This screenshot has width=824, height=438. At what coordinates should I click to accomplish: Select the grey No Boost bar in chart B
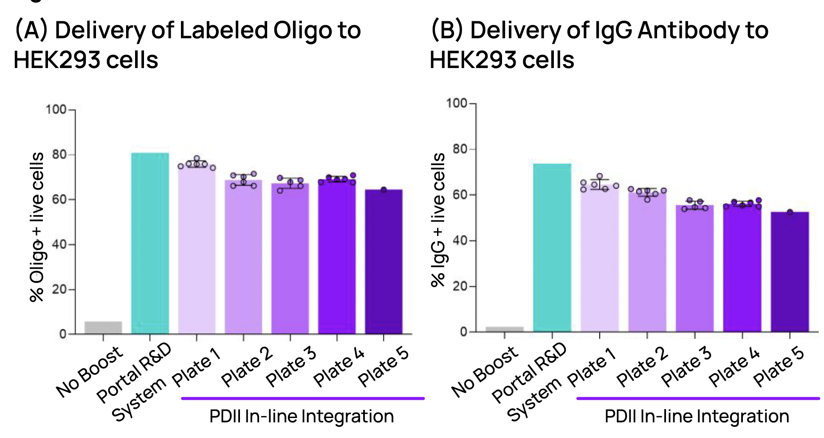[504, 329]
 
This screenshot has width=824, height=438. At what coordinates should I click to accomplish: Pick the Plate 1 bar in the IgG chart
[599, 259]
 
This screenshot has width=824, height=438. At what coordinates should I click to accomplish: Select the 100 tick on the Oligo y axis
[56, 110]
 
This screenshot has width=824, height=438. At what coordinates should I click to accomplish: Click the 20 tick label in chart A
[59, 290]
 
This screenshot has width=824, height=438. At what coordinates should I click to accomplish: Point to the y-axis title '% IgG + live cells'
[438, 220]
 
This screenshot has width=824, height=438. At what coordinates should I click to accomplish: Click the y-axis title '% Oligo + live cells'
[37, 228]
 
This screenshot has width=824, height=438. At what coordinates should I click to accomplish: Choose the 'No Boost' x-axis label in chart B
[484, 372]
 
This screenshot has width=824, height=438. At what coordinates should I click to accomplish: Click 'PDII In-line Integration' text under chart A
[302, 416]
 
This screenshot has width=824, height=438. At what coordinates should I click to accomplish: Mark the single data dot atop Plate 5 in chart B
[790, 212]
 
